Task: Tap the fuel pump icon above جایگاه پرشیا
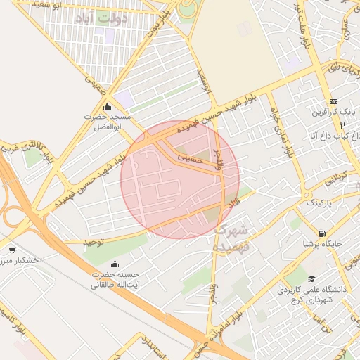pyautogui.click(x=321, y=233)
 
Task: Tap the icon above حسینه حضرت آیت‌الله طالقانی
pyautogui.click(x=115, y=264)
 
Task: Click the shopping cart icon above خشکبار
pyautogui.click(x=11, y=250)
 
